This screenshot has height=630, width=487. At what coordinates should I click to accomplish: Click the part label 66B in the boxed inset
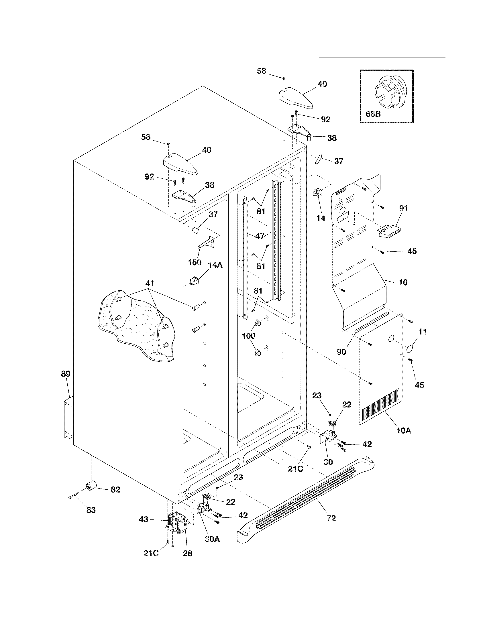tap(373, 114)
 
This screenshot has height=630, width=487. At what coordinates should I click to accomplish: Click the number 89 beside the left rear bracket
tap(66, 374)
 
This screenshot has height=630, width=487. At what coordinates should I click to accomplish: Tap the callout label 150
tap(195, 263)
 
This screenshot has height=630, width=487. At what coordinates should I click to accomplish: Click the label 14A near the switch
tap(215, 265)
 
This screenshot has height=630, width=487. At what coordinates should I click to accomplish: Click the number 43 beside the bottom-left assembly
tap(144, 519)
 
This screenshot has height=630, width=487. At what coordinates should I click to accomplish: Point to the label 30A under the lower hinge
tap(212, 539)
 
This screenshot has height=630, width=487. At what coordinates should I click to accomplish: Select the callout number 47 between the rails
tap(260, 236)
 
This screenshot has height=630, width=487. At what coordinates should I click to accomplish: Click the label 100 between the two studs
tap(248, 336)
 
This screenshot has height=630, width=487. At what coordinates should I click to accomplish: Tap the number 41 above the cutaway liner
tap(150, 283)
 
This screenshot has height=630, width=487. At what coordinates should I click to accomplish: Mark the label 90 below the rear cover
tap(341, 352)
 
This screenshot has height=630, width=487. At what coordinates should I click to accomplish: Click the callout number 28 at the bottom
tap(188, 553)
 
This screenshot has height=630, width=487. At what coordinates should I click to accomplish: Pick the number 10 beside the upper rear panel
tap(403, 282)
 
